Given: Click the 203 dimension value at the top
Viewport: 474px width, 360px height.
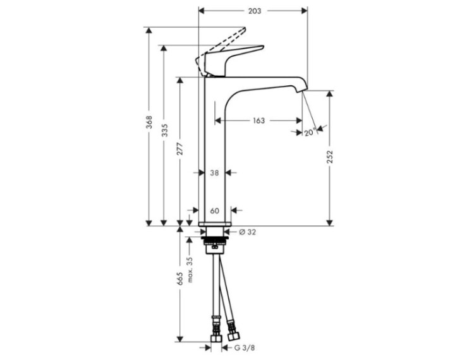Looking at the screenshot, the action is [x=255, y=11].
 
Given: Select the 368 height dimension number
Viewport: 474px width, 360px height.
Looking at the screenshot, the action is [x=149, y=122].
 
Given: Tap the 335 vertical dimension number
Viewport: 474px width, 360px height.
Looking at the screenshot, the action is [x=164, y=130].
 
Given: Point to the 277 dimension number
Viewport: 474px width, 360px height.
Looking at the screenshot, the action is [x=180, y=148].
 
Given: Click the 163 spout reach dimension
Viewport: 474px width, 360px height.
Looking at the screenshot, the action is [x=258, y=121].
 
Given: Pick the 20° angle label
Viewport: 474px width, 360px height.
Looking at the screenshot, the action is [x=310, y=132].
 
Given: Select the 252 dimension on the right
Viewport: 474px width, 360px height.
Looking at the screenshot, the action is [x=330, y=157].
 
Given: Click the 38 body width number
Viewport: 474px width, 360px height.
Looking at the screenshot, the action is [x=214, y=173].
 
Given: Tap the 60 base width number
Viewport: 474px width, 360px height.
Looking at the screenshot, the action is [x=214, y=210].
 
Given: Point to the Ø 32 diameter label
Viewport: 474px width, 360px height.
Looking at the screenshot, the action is [x=247, y=232].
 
